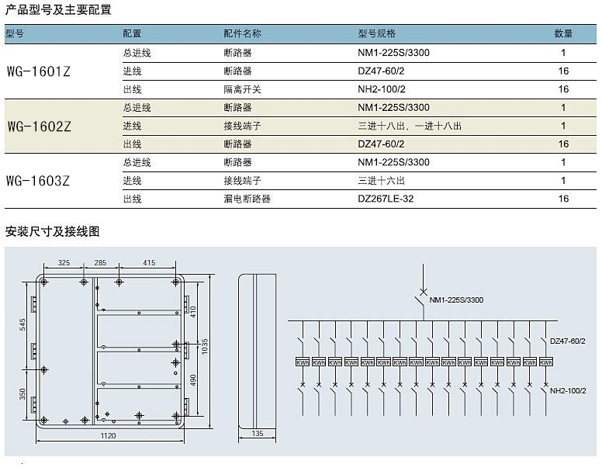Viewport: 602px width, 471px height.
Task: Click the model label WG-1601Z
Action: [38, 71]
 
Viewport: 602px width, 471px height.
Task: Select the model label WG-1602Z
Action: [39, 126]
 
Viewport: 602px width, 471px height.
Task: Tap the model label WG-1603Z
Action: [38, 181]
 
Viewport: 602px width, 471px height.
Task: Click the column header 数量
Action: [563, 33]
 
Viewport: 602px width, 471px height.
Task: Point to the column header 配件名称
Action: [242, 33]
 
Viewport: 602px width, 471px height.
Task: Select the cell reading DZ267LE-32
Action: [386, 199]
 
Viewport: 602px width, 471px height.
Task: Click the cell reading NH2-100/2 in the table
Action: [381, 89]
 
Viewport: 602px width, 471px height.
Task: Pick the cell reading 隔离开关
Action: [242, 89]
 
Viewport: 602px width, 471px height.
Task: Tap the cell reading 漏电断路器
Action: [247, 199]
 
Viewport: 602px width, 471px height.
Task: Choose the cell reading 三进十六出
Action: [381, 181]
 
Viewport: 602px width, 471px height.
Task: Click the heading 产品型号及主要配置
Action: [58, 9]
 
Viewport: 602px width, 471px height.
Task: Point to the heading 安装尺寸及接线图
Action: [52, 231]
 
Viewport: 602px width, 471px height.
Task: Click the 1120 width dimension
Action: [108, 435]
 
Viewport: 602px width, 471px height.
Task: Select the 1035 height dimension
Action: [205, 346]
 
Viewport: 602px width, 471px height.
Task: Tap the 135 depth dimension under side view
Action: [258, 434]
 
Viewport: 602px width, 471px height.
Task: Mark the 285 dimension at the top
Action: [100, 263]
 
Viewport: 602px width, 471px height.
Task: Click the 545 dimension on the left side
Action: [22, 324]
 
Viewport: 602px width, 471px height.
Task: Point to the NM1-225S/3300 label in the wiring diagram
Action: [456, 300]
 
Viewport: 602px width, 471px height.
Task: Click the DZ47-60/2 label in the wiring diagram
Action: [567, 341]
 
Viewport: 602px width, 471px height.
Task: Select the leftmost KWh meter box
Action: [303, 362]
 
